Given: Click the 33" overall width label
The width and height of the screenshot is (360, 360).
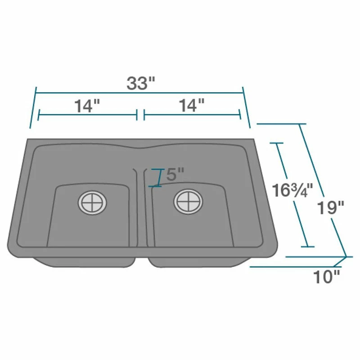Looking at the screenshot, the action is (141, 83).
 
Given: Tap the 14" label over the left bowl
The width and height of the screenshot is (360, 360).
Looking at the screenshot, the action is (87, 106).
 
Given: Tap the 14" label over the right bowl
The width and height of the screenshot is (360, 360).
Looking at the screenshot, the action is (192, 105).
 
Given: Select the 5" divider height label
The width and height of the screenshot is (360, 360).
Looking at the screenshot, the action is (175, 174).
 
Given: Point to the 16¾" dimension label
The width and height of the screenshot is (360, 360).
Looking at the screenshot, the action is (292, 190).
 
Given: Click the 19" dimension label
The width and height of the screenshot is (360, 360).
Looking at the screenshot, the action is (331, 207).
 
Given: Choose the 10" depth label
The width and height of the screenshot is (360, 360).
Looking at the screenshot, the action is (326, 277).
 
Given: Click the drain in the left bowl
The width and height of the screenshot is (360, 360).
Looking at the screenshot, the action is (93, 203).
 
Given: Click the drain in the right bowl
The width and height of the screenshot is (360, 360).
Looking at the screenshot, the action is (188, 202).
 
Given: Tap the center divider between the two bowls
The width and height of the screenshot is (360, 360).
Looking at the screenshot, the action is (140, 207).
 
